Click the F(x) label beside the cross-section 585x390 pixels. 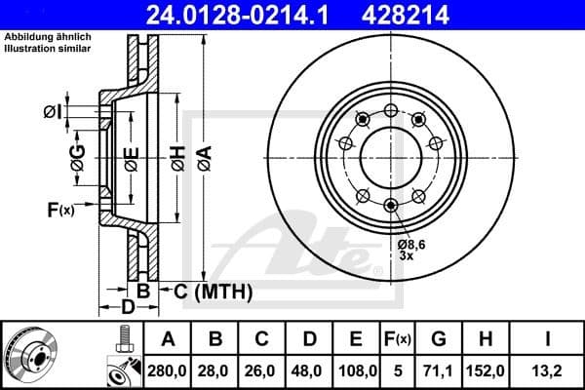(59, 210)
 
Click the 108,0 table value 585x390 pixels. (357, 370)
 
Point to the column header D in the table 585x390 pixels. (310, 340)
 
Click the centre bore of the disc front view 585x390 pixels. (391, 156)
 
